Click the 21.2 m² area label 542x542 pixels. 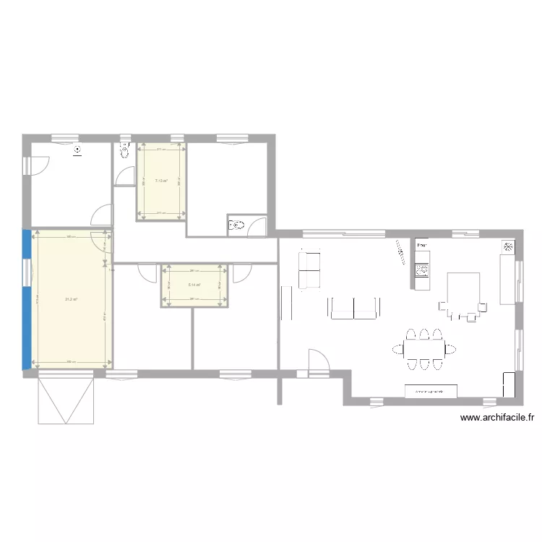71,300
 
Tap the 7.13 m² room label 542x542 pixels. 161,181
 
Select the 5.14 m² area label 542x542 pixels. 194,285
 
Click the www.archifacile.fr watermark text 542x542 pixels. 496,417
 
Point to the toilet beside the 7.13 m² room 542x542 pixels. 123,152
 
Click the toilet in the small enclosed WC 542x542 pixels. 236,225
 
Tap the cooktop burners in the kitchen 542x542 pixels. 422,271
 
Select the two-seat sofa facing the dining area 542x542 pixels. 353,308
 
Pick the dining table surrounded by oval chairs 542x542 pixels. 423,351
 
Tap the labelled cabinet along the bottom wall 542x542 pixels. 431,391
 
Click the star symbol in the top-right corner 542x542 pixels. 508,247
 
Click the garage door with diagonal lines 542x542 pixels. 66,399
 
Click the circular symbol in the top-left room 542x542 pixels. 77,151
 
